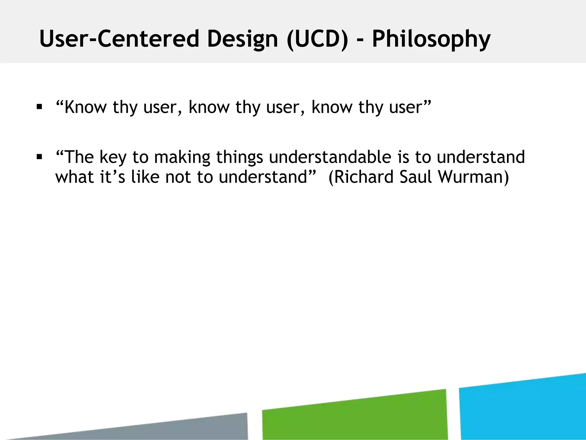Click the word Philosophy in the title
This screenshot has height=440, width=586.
(431, 40)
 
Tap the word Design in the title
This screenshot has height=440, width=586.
(242, 40)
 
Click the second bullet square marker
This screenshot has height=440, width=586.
(39, 157)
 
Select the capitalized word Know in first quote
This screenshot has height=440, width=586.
(85, 107)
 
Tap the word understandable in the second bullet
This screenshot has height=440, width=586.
(330, 157)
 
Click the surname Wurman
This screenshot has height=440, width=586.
(473, 177)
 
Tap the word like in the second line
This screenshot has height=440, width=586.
(145, 177)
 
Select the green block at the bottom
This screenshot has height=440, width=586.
(354, 415)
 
